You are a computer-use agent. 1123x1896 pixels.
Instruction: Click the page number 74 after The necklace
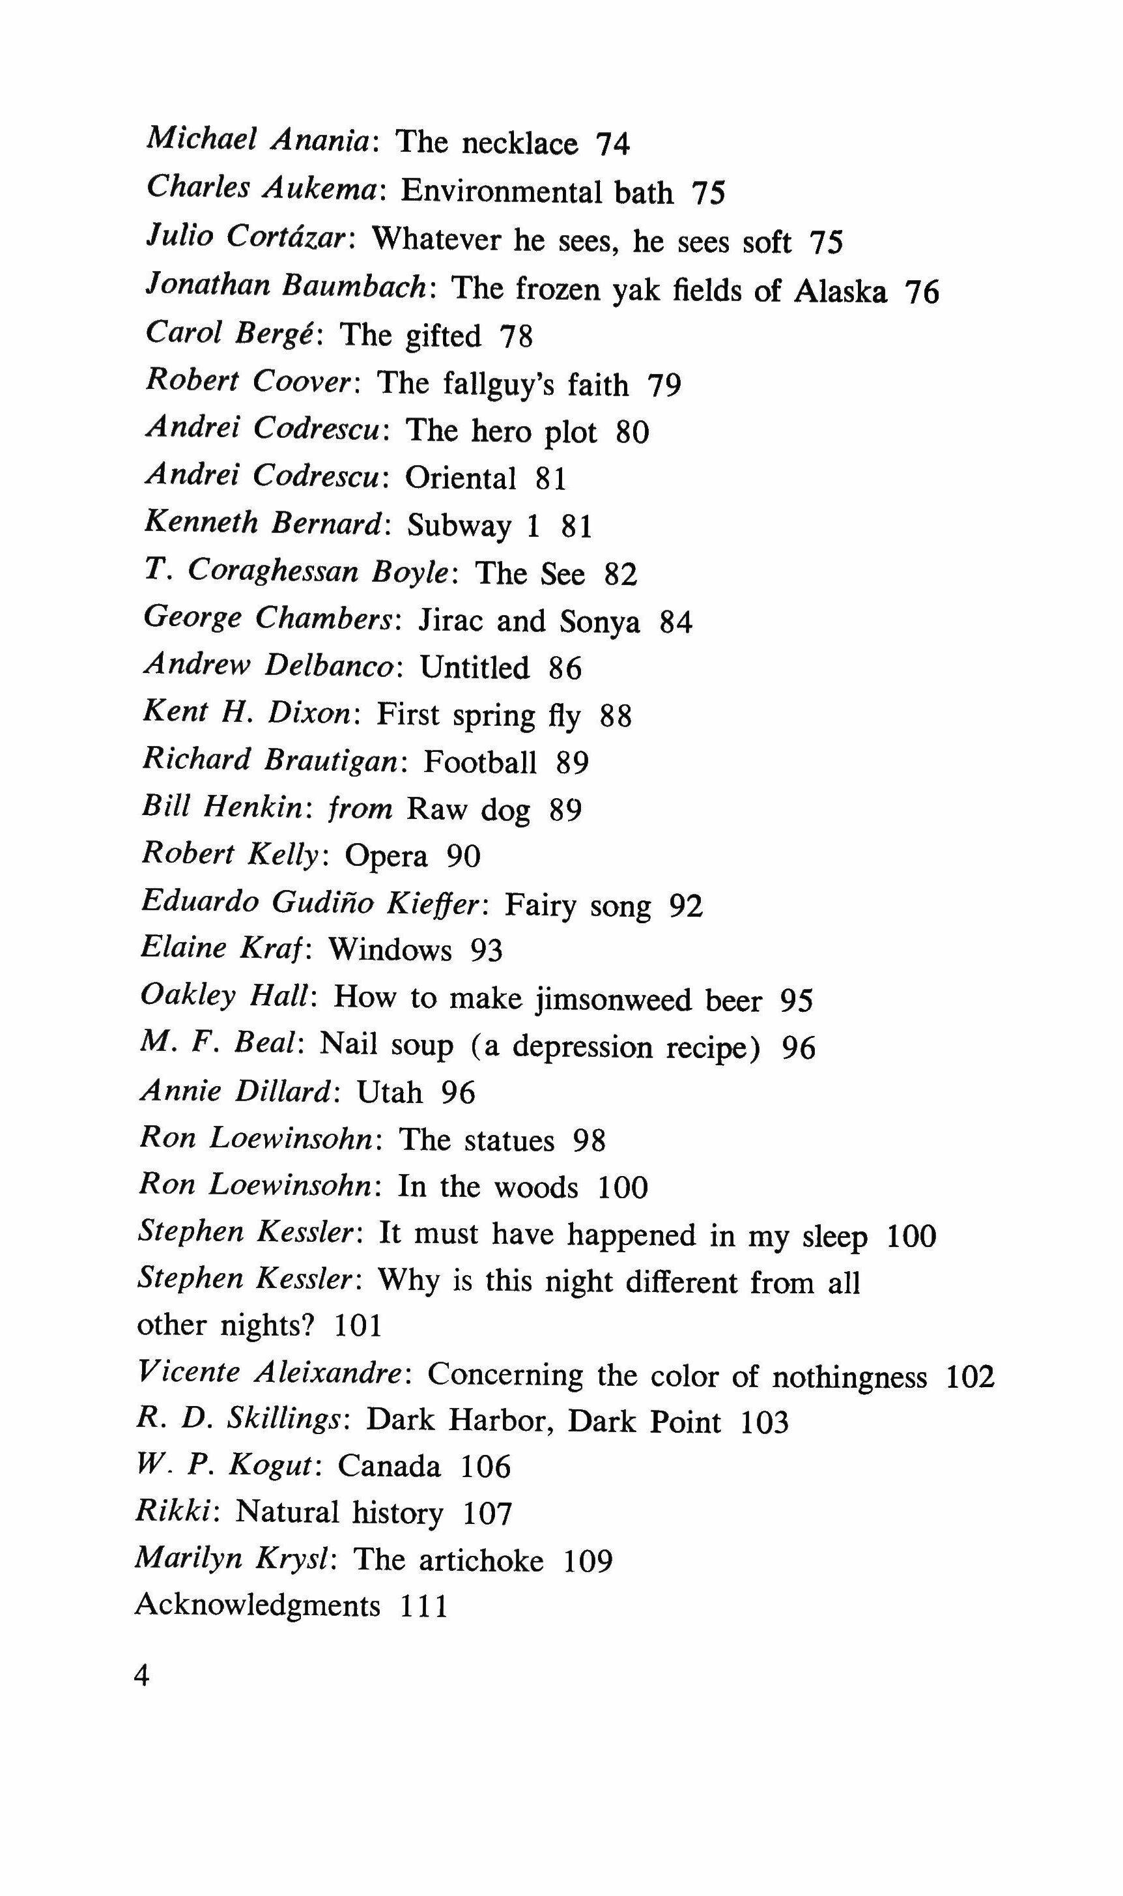click(613, 144)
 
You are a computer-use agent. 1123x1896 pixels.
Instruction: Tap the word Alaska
click(840, 291)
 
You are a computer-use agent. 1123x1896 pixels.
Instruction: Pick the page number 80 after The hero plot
click(633, 432)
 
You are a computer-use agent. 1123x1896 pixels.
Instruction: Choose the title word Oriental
click(460, 478)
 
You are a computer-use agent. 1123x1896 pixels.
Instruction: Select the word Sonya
click(599, 622)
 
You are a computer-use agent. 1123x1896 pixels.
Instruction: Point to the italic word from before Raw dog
click(360, 809)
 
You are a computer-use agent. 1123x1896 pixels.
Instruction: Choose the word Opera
click(386, 856)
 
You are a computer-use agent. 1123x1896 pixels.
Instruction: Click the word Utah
click(389, 1093)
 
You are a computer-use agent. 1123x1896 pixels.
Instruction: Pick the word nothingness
click(849, 1375)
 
